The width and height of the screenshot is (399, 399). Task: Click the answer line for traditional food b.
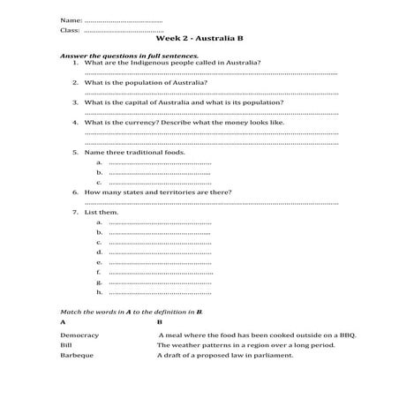(x=159, y=172)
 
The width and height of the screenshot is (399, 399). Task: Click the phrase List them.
(x=102, y=213)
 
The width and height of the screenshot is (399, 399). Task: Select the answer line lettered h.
(x=159, y=292)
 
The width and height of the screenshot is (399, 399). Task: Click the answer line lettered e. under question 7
(x=159, y=262)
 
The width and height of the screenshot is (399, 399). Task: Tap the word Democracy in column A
(x=79, y=335)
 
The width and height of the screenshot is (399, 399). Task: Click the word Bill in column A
(x=65, y=345)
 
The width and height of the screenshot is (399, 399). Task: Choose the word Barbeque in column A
(x=77, y=355)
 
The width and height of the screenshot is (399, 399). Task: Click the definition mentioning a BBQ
(x=248, y=335)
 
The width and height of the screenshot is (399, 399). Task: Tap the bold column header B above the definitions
(x=160, y=323)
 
